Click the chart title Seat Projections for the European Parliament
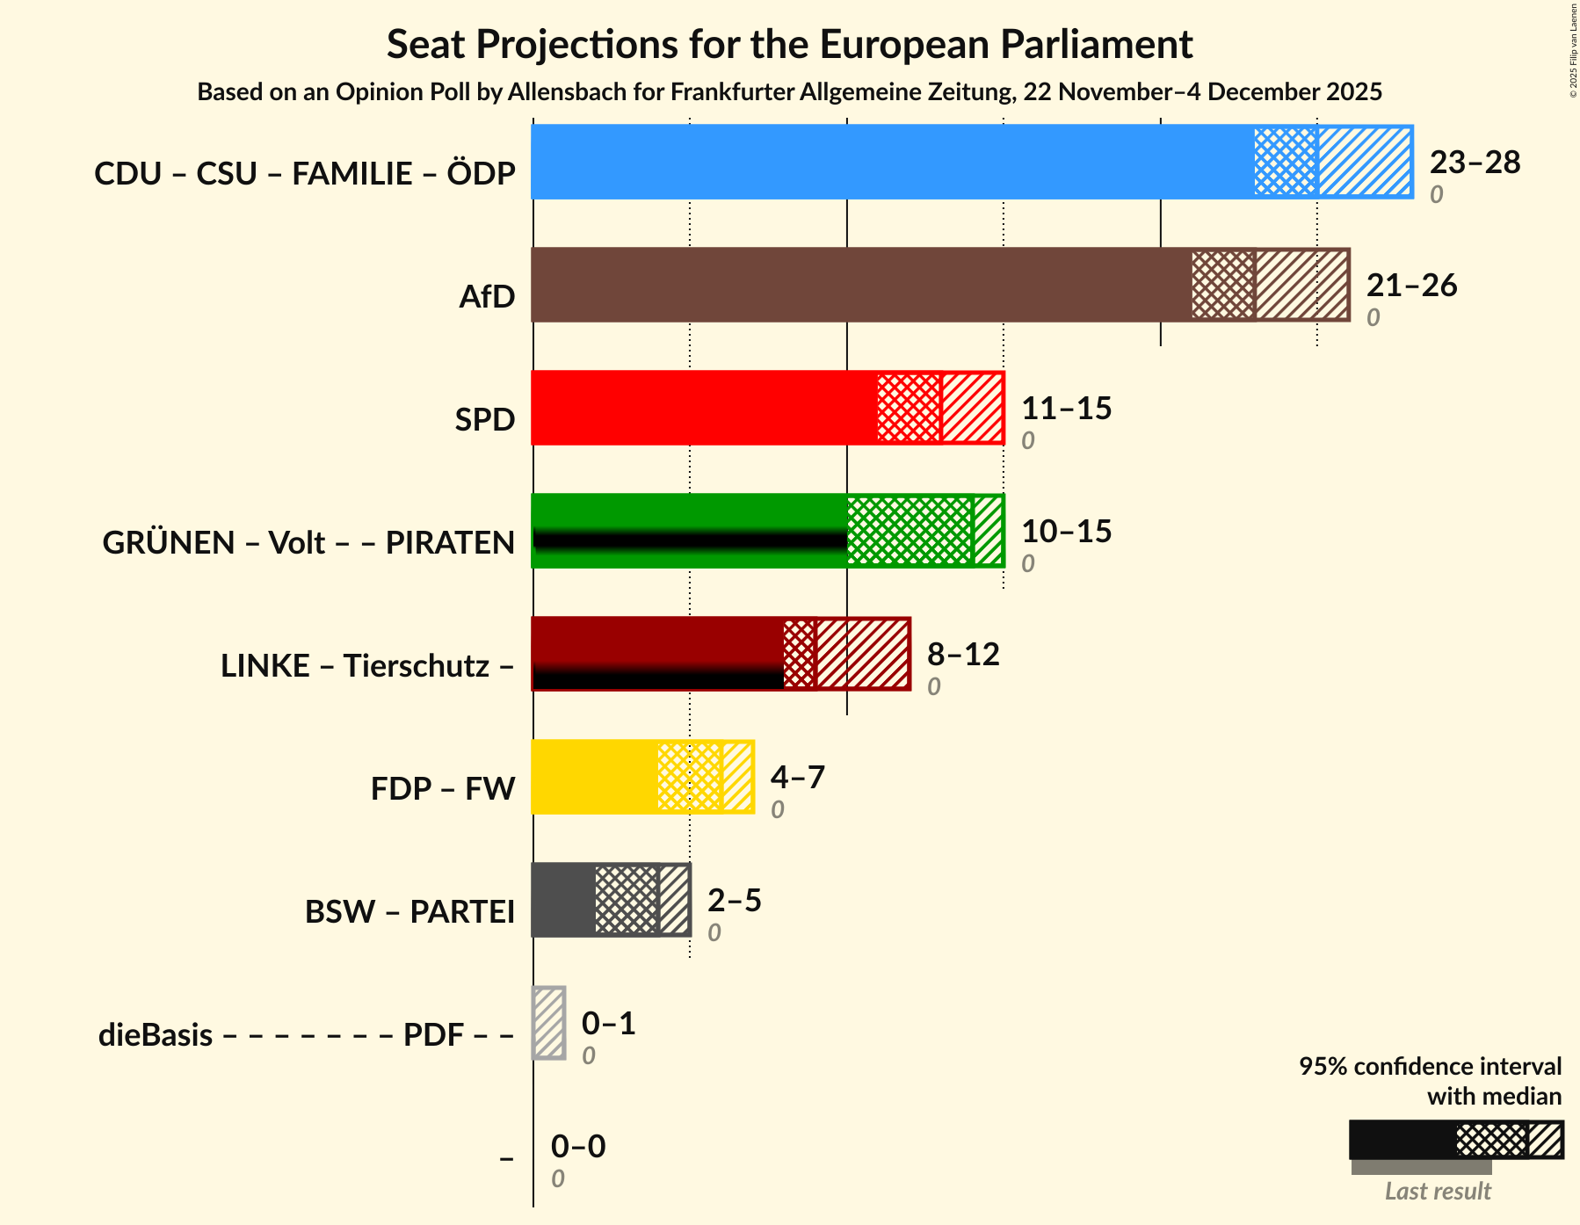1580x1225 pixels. click(x=789, y=44)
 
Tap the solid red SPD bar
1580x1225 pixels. click(x=704, y=408)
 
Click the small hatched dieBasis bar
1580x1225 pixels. click(x=549, y=1023)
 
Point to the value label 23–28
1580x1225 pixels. click(x=1475, y=163)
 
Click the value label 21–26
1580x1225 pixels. click(x=1411, y=286)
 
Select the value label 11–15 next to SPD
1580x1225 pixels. click(x=1066, y=409)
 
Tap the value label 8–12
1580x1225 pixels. click(x=963, y=655)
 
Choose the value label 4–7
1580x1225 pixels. click(x=797, y=778)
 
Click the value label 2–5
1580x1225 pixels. click(x=734, y=901)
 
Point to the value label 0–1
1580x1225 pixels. click(x=608, y=1024)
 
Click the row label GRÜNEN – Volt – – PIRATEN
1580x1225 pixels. click(x=308, y=543)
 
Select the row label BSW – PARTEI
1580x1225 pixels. click(x=409, y=912)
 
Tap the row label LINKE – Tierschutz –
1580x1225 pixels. click(x=367, y=666)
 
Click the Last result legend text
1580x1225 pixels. click(x=1438, y=1192)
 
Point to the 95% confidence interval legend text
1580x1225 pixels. click(x=1430, y=1067)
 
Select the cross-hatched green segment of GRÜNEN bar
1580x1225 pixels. click(x=910, y=531)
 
